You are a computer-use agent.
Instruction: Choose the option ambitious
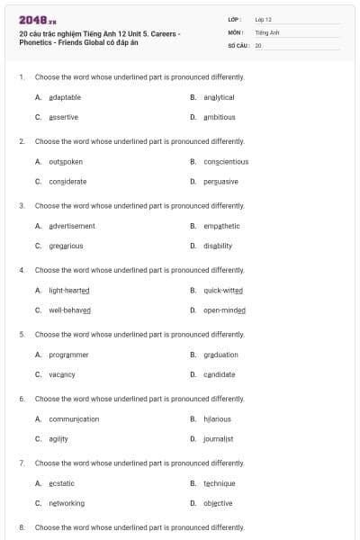pos(220,117)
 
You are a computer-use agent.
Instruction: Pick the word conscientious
pos(226,162)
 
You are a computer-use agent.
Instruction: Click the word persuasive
pos(220,181)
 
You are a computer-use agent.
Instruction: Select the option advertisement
pos(71,226)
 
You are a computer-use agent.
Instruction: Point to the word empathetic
pos(221,226)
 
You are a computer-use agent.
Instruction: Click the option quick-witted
pos(223,291)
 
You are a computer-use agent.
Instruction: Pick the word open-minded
pos(224,310)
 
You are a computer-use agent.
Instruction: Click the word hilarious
pos(217,419)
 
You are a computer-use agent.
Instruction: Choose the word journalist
pos(218,439)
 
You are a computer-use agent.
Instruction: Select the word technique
pos(219,483)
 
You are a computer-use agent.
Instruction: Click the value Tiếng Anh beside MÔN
pos(267,31)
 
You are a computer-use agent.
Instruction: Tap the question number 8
pos(22,527)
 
